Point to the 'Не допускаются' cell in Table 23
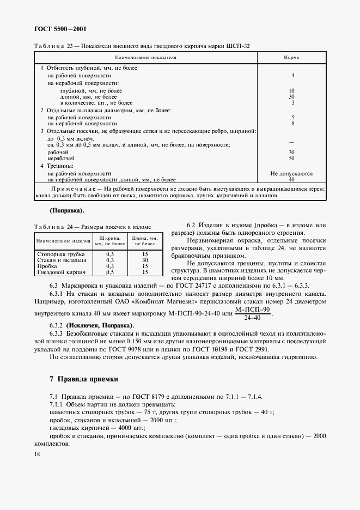tap(291, 173)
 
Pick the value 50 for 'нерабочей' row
tap(291, 158)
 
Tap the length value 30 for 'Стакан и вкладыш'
tap(145, 260)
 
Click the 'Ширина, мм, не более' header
tap(109, 241)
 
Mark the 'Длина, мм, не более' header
tap(145, 241)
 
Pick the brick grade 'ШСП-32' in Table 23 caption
tap(238, 45)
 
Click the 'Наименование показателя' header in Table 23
tap(145, 57)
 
